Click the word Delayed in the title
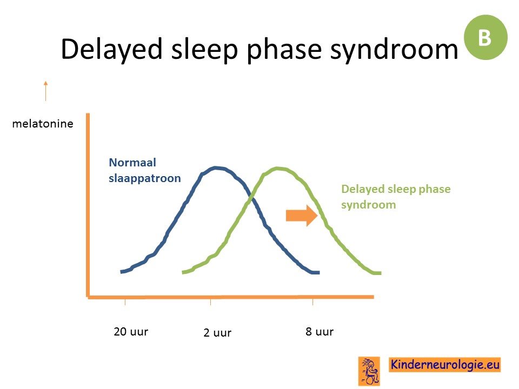coord(111,50)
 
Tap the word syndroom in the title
coord(394,50)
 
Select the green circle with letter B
coord(485,37)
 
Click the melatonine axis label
coord(43,124)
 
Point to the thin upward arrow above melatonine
coord(45,91)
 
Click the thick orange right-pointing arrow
coord(302,216)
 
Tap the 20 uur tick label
coord(131,331)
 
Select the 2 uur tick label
coord(217,332)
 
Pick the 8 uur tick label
coord(320,331)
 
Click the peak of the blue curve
coord(216,168)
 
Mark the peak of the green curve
coord(277,169)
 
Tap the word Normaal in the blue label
coord(132,163)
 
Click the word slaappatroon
coord(145,178)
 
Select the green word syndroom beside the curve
coord(369,205)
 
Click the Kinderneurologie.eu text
coord(445,365)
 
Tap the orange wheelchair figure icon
coord(369,371)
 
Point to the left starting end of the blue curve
coord(122,272)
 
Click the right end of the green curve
coord(380,273)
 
